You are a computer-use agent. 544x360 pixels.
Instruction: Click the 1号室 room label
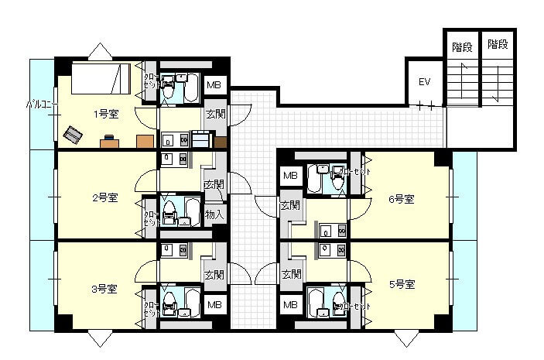(106, 115)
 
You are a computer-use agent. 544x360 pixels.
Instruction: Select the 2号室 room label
(104, 197)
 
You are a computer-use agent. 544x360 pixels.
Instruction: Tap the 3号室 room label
(104, 289)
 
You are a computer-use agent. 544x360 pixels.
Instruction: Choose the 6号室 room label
(401, 199)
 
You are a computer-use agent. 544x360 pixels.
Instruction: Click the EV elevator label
(424, 82)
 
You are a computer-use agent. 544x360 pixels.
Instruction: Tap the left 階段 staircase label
(462, 46)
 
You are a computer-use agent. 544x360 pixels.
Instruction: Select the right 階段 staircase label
(498, 46)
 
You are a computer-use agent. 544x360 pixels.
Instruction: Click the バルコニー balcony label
(39, 103)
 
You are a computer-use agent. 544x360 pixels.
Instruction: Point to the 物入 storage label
(215, 214)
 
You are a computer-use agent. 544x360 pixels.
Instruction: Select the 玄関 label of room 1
(215, 115)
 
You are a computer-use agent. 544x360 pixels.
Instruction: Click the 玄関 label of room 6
(290, 206)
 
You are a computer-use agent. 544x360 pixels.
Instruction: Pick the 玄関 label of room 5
(291, 274)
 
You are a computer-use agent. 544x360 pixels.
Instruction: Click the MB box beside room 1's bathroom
(214, 85)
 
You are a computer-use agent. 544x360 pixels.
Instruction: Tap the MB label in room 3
(214, 305)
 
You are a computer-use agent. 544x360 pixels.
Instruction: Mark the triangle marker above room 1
(100, 51)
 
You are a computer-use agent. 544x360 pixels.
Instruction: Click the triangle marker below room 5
(405, 338)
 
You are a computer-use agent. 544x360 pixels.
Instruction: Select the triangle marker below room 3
(100, 338)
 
